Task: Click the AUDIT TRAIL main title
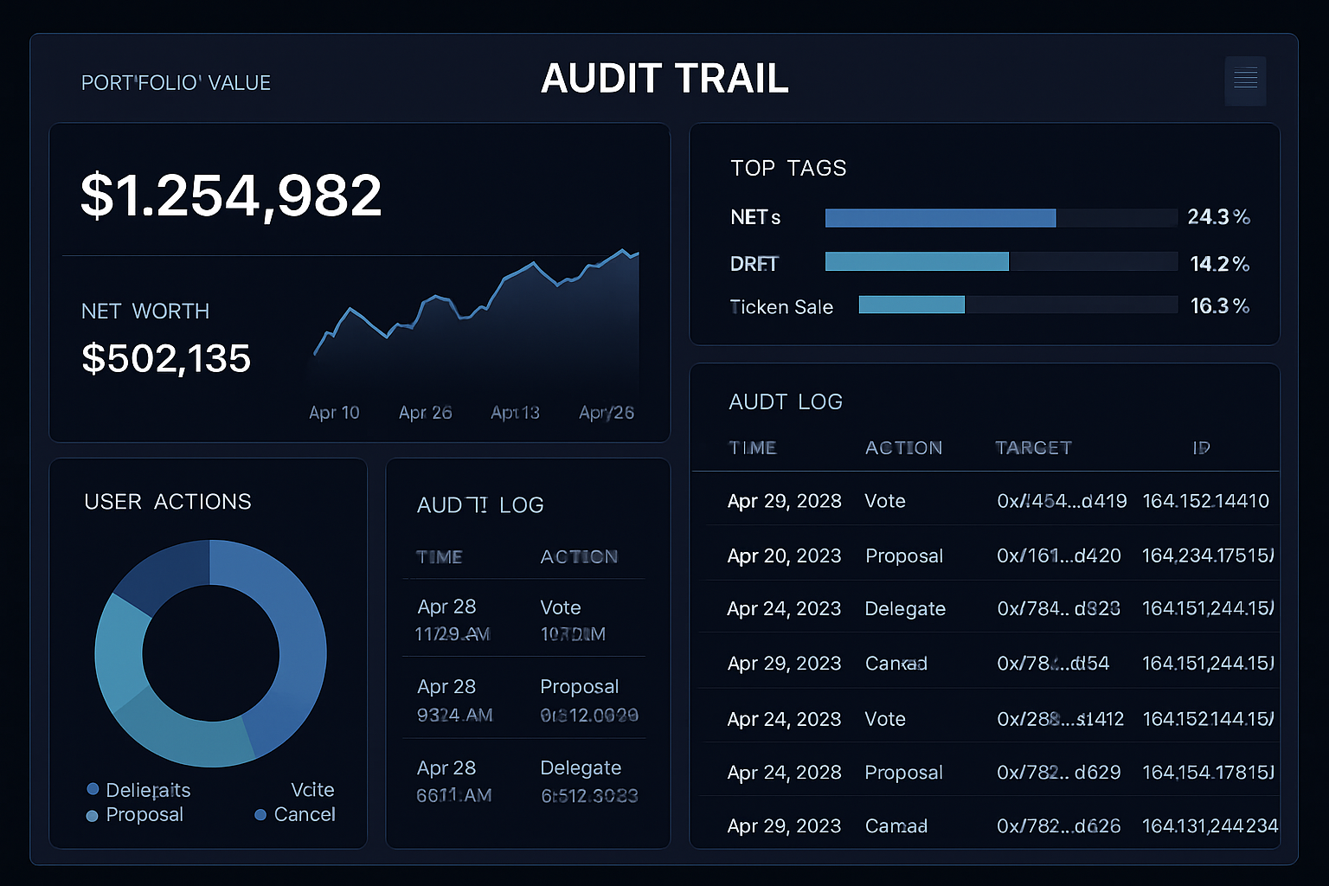point(664,79)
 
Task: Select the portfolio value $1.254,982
point(231,195)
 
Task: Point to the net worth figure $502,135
point(166,358)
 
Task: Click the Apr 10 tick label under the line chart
point(334,413)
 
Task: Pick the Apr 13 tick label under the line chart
point(515,413)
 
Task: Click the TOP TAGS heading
point(788,168)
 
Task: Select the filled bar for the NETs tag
point(940,218)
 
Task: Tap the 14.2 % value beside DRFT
point(1219,264)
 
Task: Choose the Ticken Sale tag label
point(781,307)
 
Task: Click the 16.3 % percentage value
point(1219,306)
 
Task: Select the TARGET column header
point(1033,447)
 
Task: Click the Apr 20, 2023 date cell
point(784,555)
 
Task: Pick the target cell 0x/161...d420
point(1058,555)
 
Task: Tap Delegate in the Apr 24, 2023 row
point(905,609)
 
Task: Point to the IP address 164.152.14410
point(1205,501)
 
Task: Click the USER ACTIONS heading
point(168,502)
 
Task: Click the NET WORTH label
point(145,311)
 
